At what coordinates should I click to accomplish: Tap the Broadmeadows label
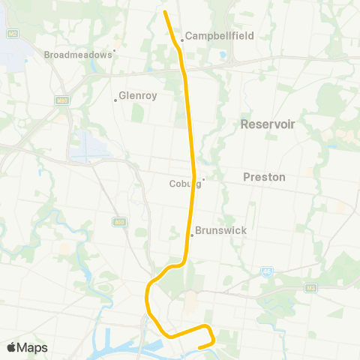tap(77, 55)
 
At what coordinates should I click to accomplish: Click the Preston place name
tap(264, 177)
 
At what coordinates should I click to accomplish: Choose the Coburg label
tap(183, 183)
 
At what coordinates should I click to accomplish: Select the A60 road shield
tap(119, 222)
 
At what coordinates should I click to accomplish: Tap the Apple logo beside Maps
tap(12, 347)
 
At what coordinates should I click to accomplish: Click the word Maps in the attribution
tap(33, 347)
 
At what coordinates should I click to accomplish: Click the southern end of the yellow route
tap(199, 346)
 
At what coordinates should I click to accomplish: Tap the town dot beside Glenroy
tap(115, 100)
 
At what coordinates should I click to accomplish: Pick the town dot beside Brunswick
tap(191, 235)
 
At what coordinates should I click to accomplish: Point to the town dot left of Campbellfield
tap(181, 40)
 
